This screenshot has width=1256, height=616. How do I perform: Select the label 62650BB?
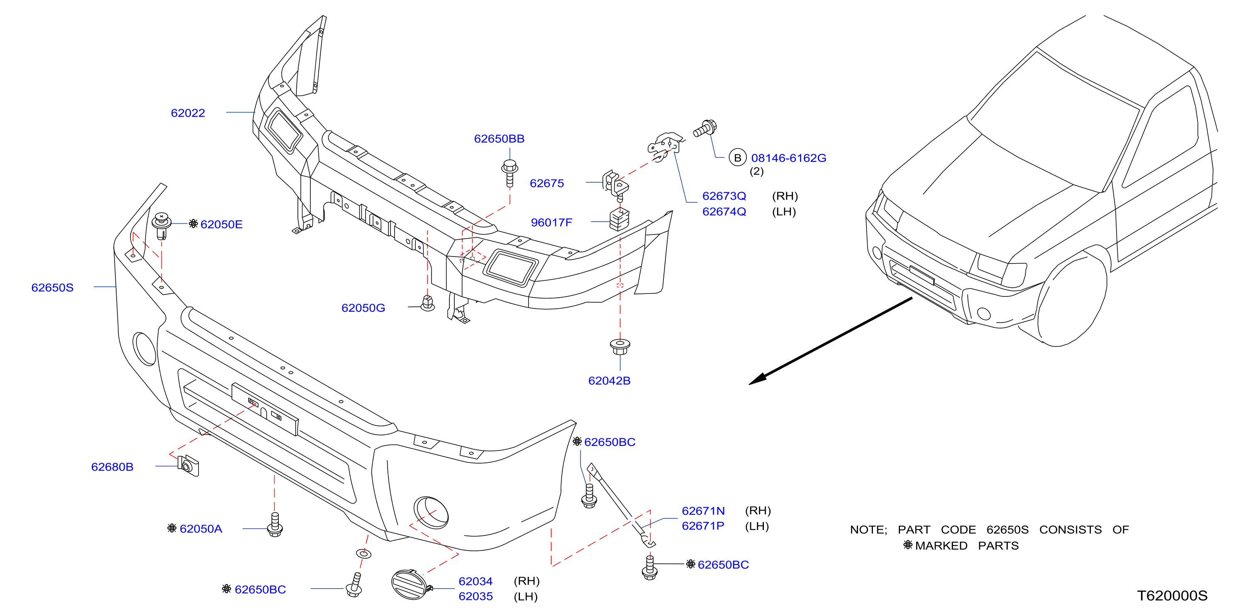(499, 139)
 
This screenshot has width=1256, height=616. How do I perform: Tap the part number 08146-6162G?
(788, 158)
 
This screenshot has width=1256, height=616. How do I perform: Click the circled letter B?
(737, 158)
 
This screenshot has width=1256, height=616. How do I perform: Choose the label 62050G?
(363, 308)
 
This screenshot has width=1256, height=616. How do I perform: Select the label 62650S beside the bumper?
(52, 287)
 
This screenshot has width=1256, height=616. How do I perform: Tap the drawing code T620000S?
(1172, 596)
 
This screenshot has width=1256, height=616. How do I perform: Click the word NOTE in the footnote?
(868, 530)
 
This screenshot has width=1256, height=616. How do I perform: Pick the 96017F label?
(551, 222)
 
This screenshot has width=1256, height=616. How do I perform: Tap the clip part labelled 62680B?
(188, 466)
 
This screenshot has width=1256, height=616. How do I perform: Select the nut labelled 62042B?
(620, 347)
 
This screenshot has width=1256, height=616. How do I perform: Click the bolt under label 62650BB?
(510, 173)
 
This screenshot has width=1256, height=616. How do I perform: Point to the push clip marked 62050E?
(161, 225)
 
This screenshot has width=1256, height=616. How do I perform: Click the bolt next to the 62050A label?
(275, 524)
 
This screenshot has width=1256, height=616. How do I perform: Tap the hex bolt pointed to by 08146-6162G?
(705, 128)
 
